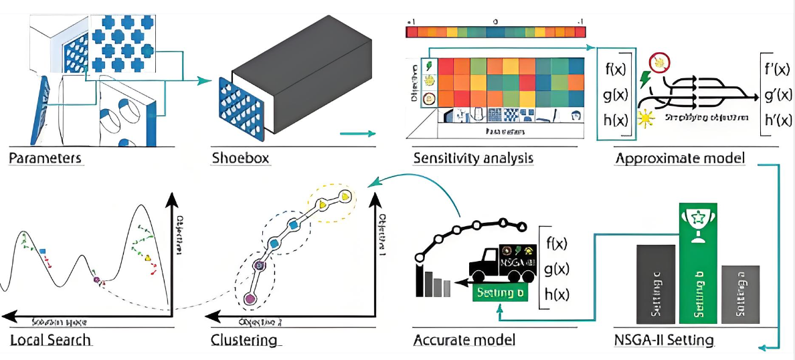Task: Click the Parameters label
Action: point(46,159)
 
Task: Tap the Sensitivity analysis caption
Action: point(472,159)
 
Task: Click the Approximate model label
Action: point(679,159)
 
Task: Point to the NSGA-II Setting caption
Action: point(664,340)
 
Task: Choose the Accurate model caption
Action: point(463,340)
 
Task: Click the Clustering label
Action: point(244,340)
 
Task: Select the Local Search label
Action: point(50,340)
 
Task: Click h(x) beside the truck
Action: point(557,295)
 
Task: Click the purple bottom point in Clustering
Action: point(250,298)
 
